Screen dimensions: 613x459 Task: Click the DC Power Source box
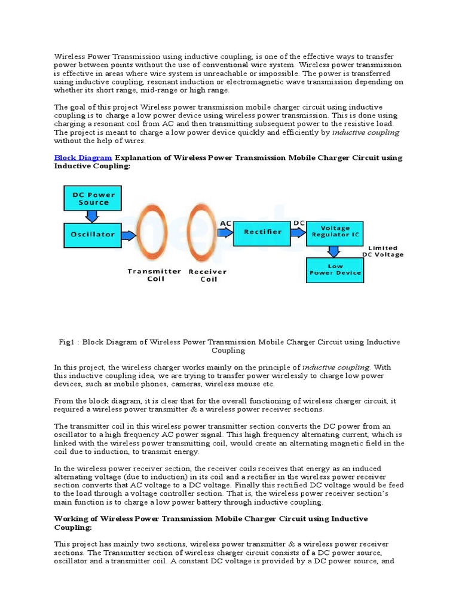93,198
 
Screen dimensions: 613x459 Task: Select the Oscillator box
93,234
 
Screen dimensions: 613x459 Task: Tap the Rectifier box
262,232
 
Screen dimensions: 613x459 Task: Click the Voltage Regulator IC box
335,232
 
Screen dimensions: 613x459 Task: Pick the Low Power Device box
335,269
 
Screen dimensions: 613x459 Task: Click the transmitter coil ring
152,233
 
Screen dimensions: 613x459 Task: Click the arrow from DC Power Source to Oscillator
93,217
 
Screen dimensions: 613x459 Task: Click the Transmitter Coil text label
154,275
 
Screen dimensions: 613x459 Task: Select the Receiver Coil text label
209,275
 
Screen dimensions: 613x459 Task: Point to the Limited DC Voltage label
382,251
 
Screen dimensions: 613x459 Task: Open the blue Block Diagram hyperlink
83,158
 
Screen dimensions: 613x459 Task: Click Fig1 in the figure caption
67,342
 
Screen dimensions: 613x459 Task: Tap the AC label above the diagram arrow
226,223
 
